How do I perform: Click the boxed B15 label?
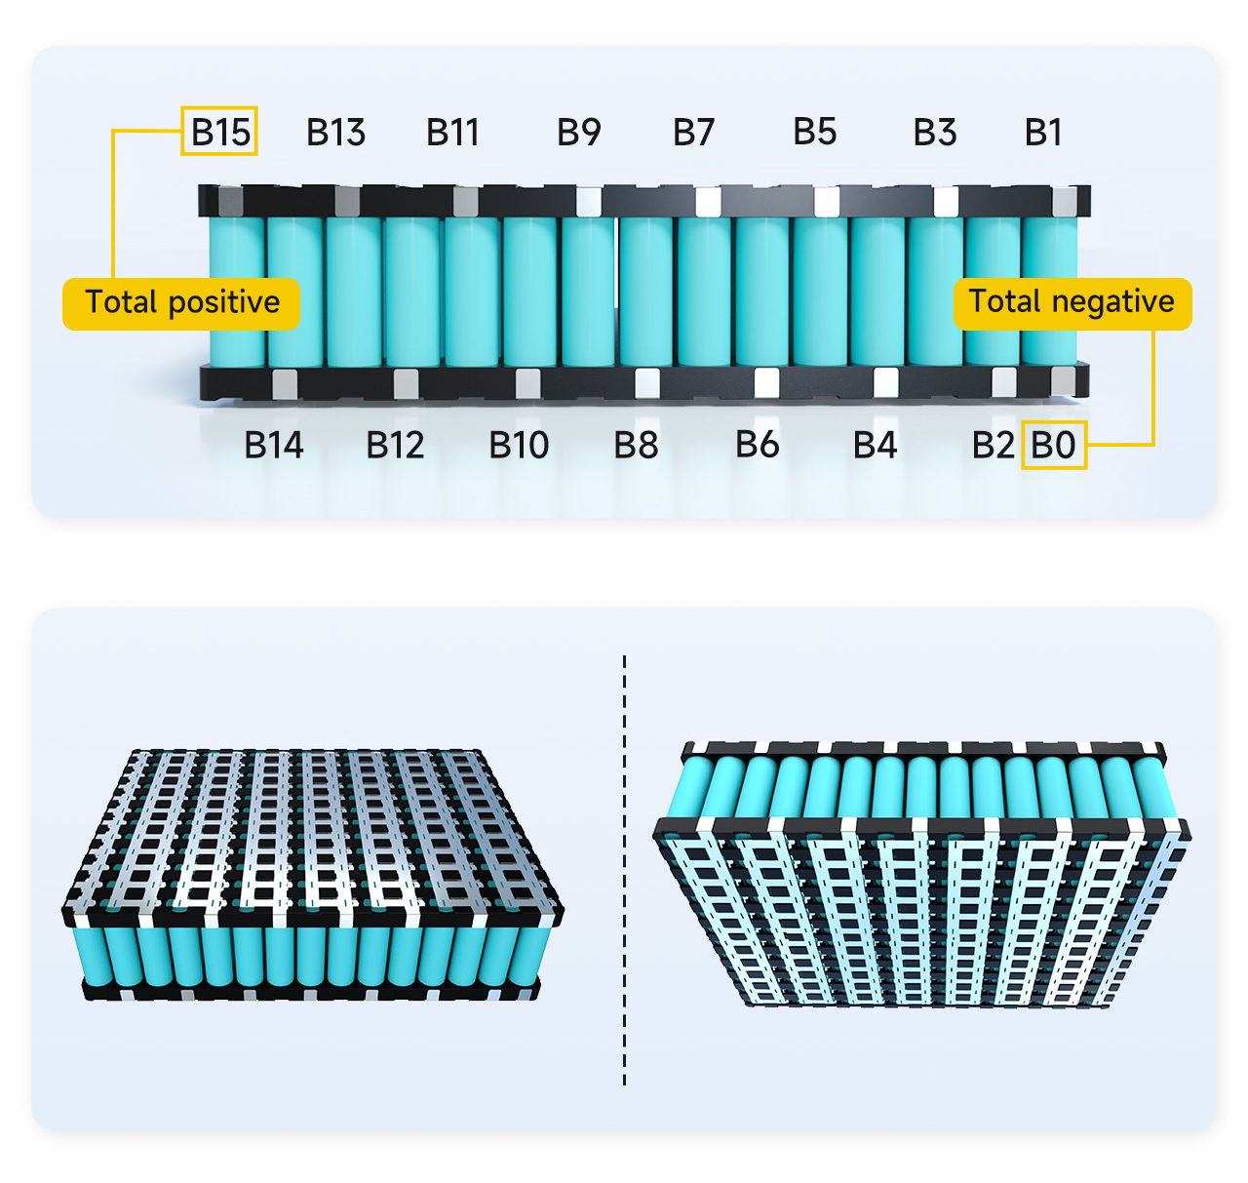click(x=219, y=132)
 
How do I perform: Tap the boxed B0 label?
click(x=1053, y=445)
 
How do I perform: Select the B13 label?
click(x=335, y=132)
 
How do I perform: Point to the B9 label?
click(x=578, y=132)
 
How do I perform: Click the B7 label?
click(x=693, y=132)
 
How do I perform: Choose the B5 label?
click(x=814, y=131)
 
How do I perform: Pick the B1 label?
click(x=1042, y=132)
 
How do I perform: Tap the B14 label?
click(x=273, y=445)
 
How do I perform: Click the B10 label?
click(x=519, y=445)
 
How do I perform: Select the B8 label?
click(x=636, y=445)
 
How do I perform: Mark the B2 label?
click(x=993, y=445)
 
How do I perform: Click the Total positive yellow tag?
click(x=181, y=303)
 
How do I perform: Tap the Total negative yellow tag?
click(x=1072, y=303)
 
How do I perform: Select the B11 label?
click(x=452, y=132)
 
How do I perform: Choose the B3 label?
click(x=934, y=132)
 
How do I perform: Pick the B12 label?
click(x=395, y=445)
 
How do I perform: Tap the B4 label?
click(x=875, y=445)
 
